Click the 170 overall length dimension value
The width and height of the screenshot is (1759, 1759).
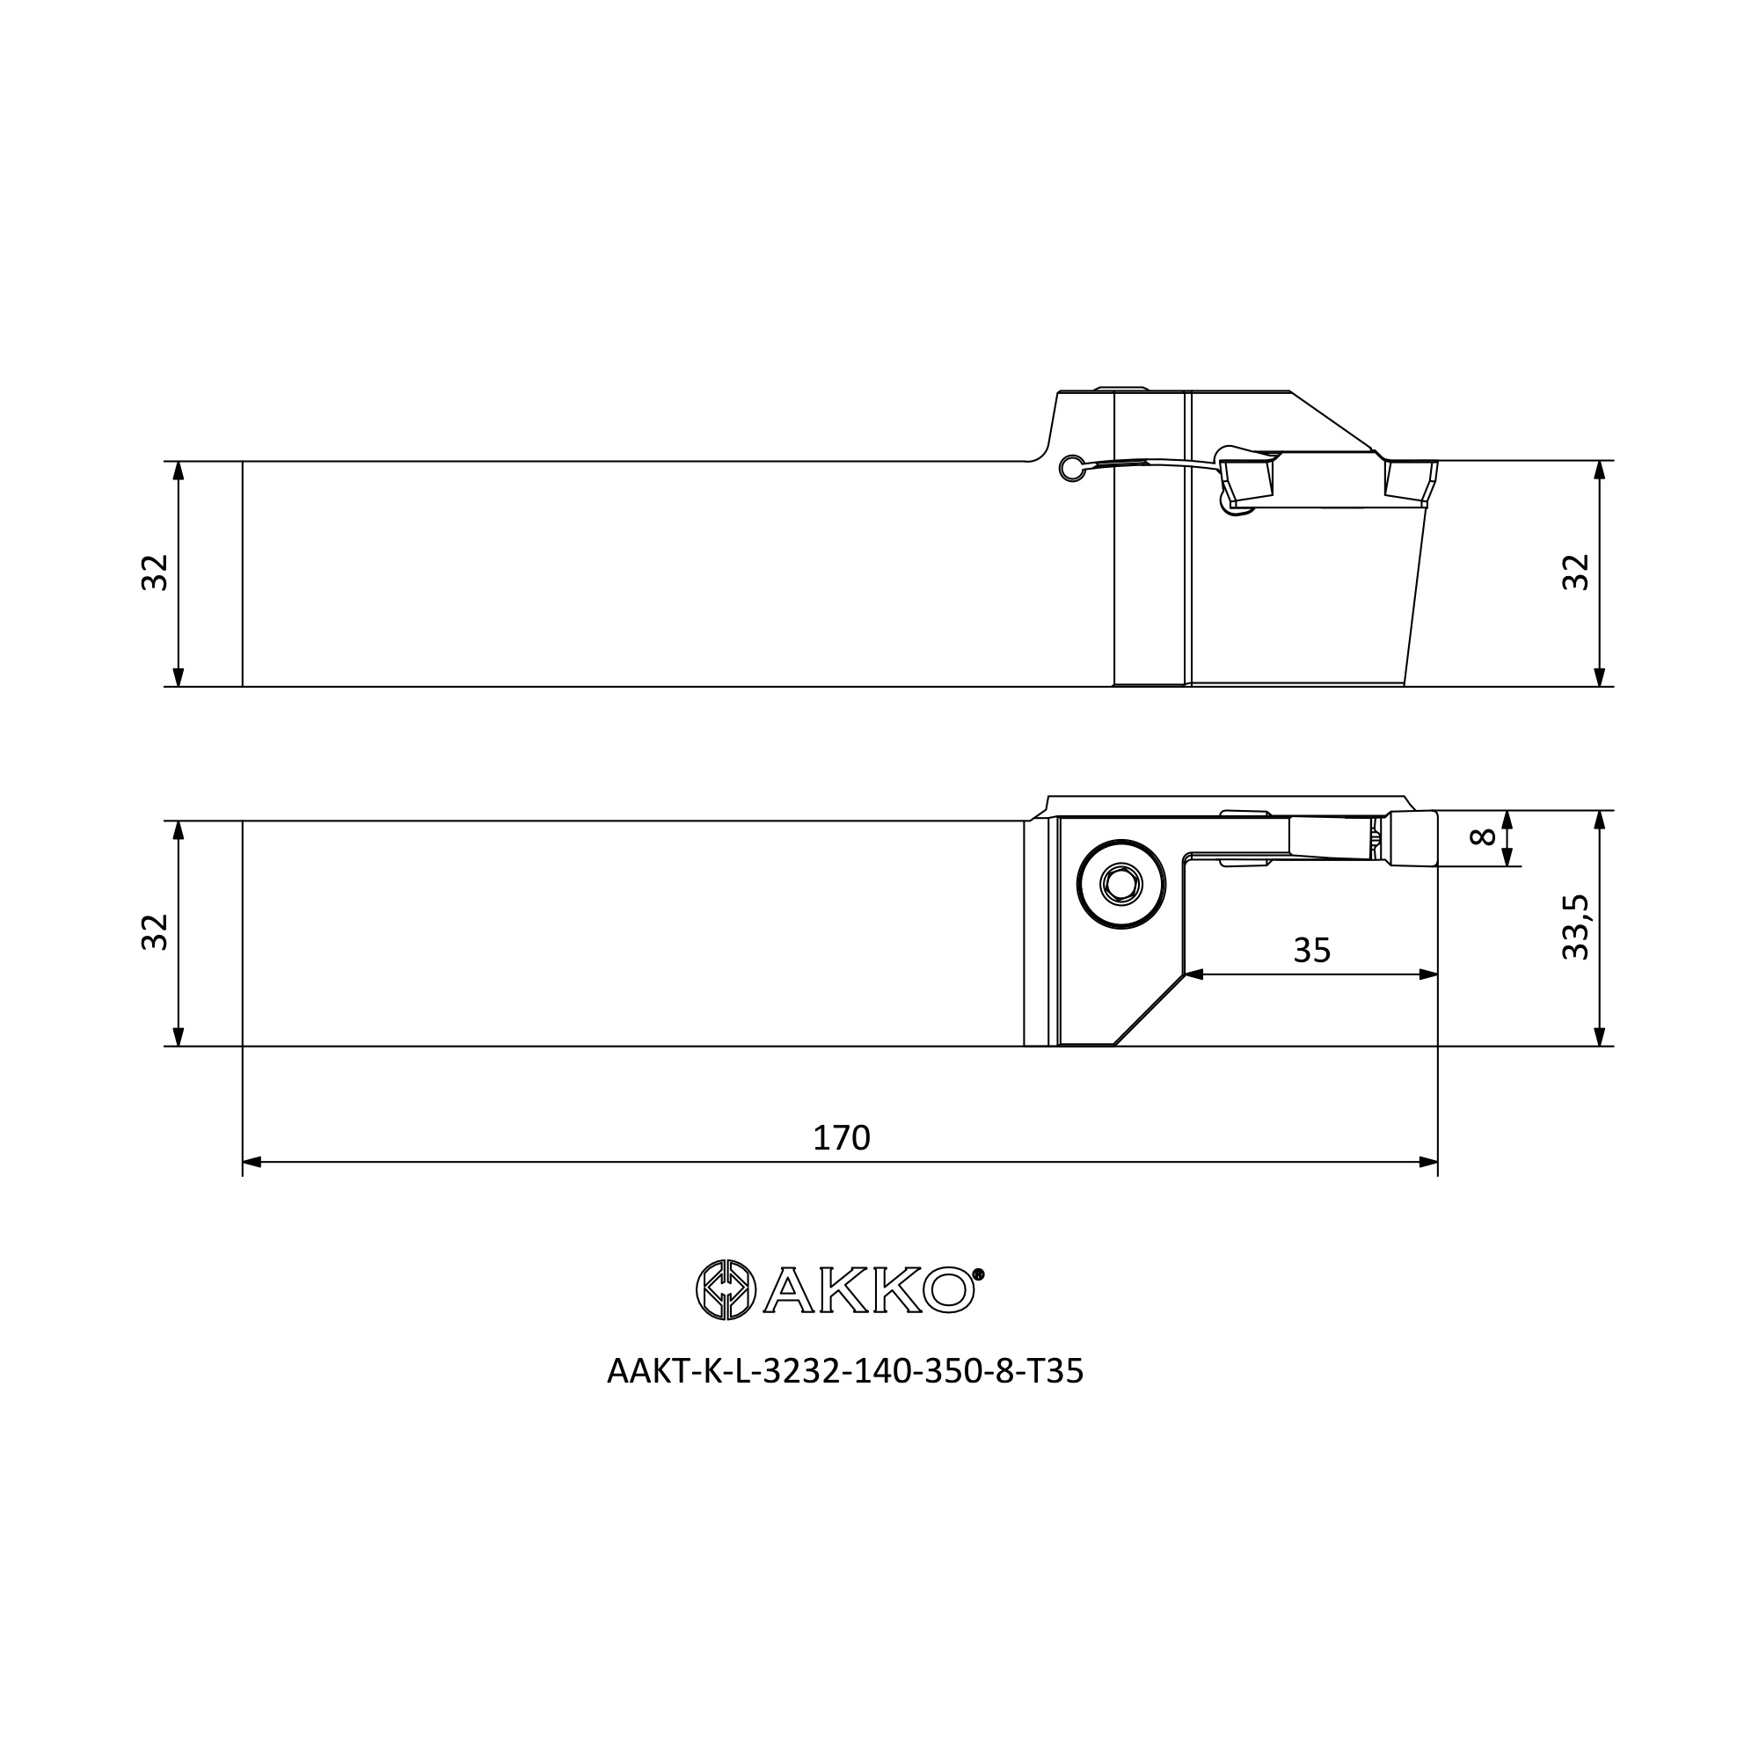coord(842,1138)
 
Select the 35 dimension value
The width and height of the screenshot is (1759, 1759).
coord(1312,951)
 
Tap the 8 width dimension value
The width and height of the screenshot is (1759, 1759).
coord(1483,836)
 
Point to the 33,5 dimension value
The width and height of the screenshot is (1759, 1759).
coord(1575,927)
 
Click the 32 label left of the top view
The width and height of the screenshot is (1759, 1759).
coord(155,573)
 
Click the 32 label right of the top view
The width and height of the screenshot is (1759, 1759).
coord(1575,573)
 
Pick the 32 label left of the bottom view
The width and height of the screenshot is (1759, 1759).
coord(155,932)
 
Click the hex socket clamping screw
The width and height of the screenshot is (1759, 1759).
coord(1120,884)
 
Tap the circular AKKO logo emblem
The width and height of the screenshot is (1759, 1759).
coord(726,1289)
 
